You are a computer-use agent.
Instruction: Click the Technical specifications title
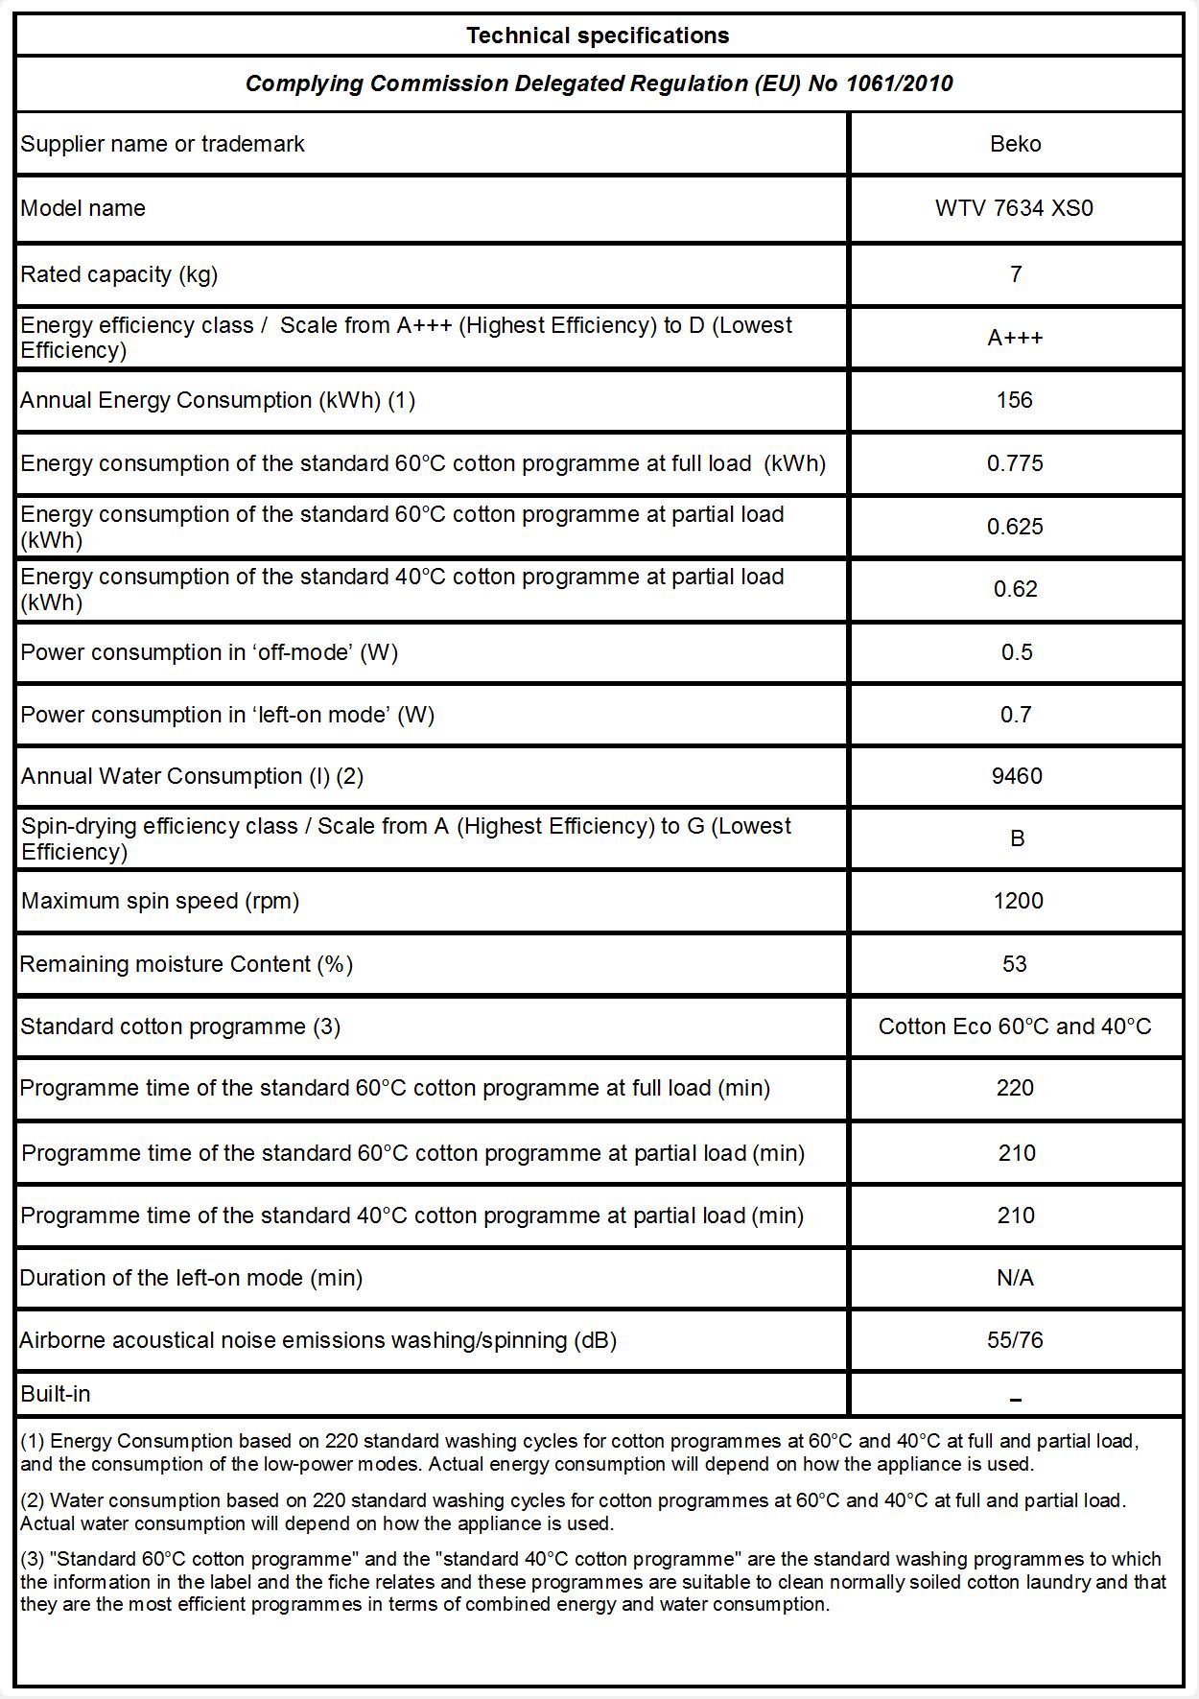598,35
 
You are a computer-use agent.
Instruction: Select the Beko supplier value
1015,144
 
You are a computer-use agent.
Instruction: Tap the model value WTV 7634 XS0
1014,208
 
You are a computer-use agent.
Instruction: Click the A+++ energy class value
1015,338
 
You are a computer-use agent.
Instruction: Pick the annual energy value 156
1015,400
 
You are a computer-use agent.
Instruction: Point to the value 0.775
1015,463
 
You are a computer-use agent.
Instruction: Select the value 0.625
1015,527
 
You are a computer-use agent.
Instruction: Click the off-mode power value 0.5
1016,652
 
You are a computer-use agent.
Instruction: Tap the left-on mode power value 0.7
1016,715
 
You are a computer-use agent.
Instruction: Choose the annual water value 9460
1017,776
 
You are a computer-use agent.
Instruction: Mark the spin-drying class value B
1017,838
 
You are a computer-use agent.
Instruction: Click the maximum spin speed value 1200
1018,901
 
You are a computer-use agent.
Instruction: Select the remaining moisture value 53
1015,964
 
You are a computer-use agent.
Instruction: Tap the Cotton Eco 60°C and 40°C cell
1015,1026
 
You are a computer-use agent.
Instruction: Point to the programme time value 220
1015,1088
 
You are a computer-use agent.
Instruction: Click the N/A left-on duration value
1015,1278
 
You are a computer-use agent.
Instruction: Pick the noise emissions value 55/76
1015,1340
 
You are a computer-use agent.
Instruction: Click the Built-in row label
56,1394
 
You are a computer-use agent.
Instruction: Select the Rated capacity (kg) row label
119,274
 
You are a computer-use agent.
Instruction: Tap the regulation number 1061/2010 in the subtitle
899,83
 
